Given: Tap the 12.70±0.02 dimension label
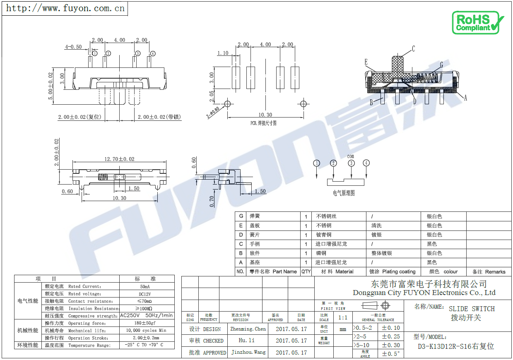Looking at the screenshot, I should pos(119,159).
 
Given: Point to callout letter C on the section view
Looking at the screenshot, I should pos(413,49).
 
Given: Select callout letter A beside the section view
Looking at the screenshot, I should pos(465,98).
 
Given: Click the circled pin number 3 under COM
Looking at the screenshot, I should pos(351,163).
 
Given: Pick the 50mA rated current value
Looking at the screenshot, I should pos(145,286).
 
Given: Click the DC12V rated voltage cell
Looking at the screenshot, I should pos(145,294).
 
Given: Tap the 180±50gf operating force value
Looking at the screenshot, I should pos(145,323).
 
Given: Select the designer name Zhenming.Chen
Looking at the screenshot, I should pos(248,329).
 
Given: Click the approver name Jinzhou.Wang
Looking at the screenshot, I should pos(248,352).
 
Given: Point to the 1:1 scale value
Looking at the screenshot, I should pos(343,317).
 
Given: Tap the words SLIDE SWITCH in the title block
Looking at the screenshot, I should pos(472,309).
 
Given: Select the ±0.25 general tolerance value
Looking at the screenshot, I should pos(390,336).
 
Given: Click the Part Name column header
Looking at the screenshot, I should pos(284,271).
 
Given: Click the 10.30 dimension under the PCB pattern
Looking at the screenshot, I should pos(265,115).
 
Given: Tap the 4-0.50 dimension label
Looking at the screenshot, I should pos(73,47).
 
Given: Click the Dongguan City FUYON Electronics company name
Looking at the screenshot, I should pos(424,293).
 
